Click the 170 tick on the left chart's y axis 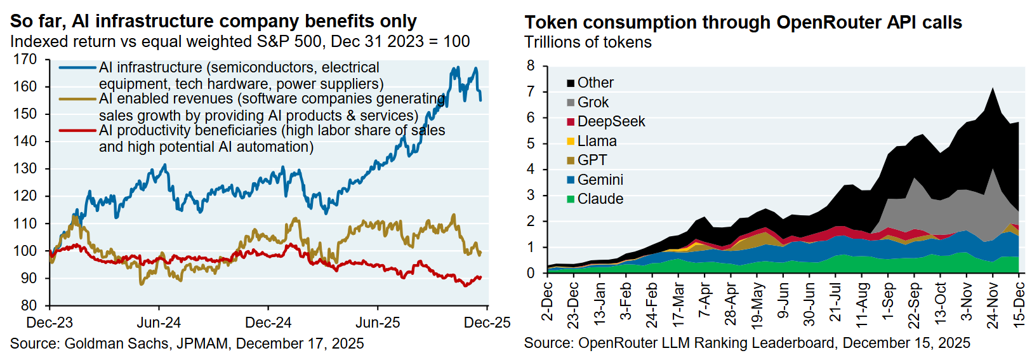[x=25, y=59]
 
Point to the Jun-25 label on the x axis [x=378, y=323]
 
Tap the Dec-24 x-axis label [x=268, y=323]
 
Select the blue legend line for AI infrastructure [x=77, y=67]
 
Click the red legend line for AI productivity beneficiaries [x=77, y=130]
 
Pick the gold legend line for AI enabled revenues [x=77, y=98]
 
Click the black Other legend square [x=571, y=83]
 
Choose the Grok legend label [x=593, y=102]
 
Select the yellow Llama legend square [x=571, y=141]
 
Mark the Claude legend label [x=600, y=199]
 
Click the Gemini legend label [x=600, y=180]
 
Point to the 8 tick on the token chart [x=531, y=66]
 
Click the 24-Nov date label [x=993, y=305]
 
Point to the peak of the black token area [x=992, y=88]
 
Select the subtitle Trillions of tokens [x=588, y=43]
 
